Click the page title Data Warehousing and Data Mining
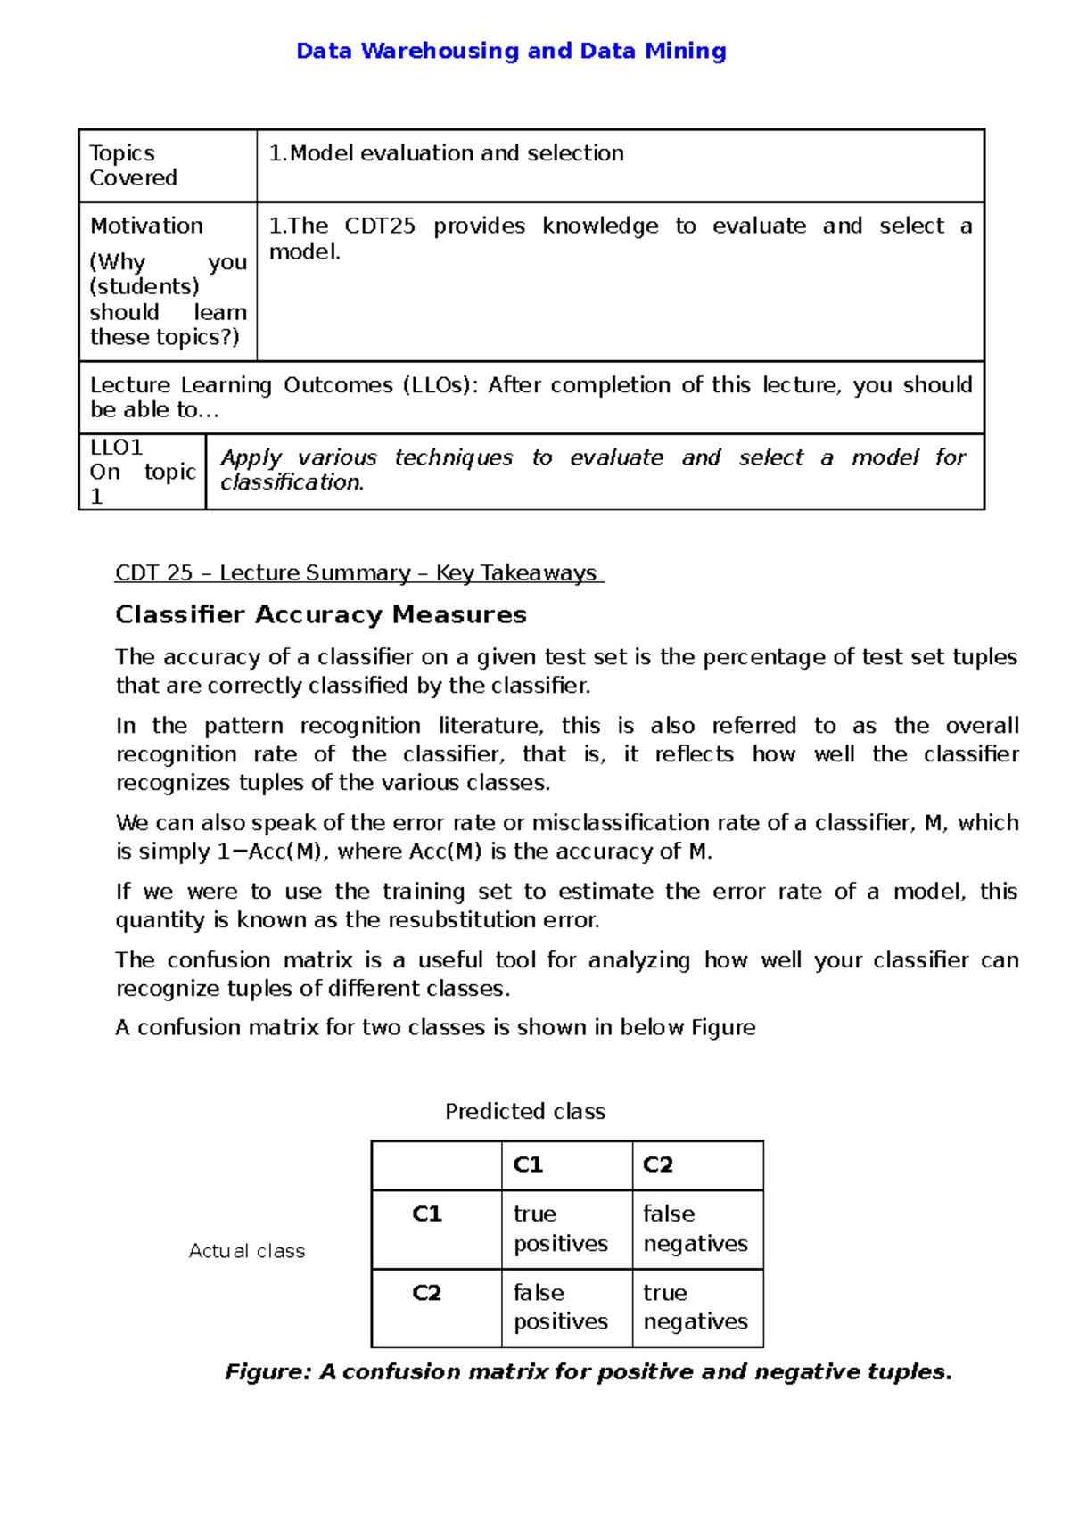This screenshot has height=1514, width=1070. (x=511, y=51)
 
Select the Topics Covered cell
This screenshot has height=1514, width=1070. (x=134, y=166)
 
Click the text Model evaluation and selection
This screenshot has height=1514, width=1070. (x=457, y=153)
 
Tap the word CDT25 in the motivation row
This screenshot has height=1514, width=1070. (x=380, y=226)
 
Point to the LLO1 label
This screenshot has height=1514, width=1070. (x=116, y=447)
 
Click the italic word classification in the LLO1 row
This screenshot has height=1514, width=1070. (x=292, y=482)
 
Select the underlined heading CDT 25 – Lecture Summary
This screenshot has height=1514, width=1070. (x=358, y=573)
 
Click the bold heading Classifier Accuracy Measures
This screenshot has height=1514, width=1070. (x=321, y=615)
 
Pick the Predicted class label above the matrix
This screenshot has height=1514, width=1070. (x=525, y=1112)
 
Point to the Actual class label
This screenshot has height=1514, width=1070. (x=247, y=1251)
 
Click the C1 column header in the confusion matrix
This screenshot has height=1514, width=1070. (x=528, y=1165)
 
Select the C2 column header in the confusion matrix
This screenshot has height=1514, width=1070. (x=658, y=1165)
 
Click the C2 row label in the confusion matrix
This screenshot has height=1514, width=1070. (x=427, y=1293)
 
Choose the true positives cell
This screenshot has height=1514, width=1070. (x=560, y=1229)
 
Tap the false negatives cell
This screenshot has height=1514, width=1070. (x=695, y=1229)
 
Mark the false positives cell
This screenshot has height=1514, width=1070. (x=560, y=1307)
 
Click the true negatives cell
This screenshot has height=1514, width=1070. (x=695, y=1307)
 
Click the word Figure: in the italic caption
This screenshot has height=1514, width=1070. (x=267, y=1372)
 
